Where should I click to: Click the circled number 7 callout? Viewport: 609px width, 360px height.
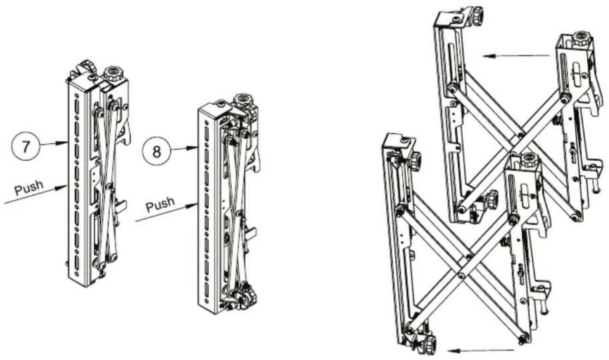26,147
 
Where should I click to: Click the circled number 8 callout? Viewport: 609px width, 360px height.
157,151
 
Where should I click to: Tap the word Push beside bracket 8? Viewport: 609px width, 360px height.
160,204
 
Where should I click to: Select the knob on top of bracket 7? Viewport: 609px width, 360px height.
114,73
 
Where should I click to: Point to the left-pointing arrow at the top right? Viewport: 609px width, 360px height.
516,56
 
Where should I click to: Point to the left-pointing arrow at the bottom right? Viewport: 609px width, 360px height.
481,351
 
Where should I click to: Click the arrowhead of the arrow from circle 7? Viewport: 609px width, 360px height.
63,143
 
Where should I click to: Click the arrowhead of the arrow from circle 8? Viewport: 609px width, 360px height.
193,148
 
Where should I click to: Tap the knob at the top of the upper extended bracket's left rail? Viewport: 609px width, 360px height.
477,13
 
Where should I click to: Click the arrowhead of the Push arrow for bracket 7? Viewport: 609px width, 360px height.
62,187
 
